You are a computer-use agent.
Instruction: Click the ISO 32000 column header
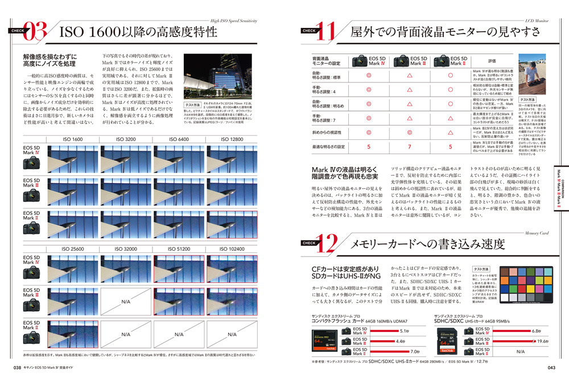(x=126, y=248)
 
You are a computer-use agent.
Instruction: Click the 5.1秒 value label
(x=405, y=331)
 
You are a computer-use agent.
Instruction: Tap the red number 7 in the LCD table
(x=409, y=147)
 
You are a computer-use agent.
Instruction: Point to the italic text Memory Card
(x=536, y=232)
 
